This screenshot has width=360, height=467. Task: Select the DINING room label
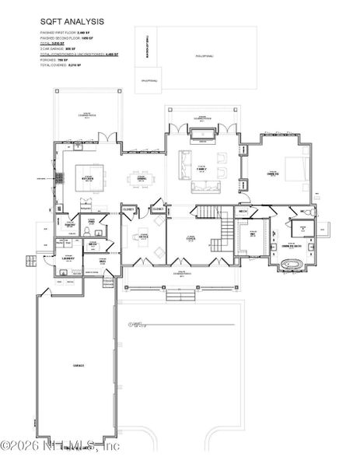[142, 177]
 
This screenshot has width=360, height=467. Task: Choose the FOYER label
[190, 240]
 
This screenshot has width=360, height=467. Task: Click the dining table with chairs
[142, 176]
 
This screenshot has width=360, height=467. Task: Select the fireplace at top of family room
[202, 138]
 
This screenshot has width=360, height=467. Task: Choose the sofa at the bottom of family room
[205, 186]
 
